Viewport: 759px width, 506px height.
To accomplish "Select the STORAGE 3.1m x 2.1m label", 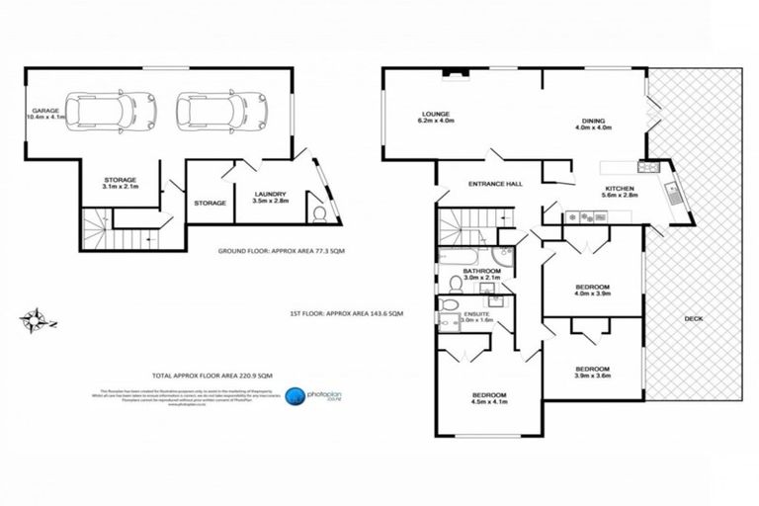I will click(x=120, y=183).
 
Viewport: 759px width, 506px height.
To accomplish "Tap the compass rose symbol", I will click(x=36, y=319).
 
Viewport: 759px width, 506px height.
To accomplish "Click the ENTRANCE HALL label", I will click(x=497, y=183).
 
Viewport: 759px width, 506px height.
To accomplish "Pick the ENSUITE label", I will click(x=477, y=316).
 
